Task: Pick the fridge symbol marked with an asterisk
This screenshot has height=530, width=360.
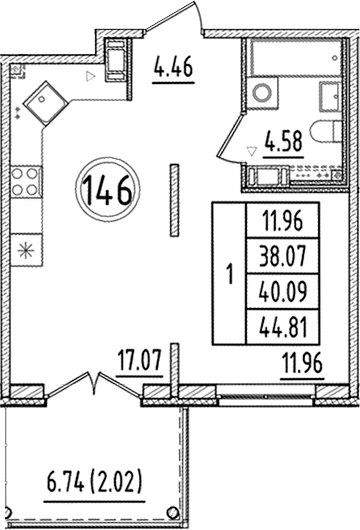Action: click(25, 247)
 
